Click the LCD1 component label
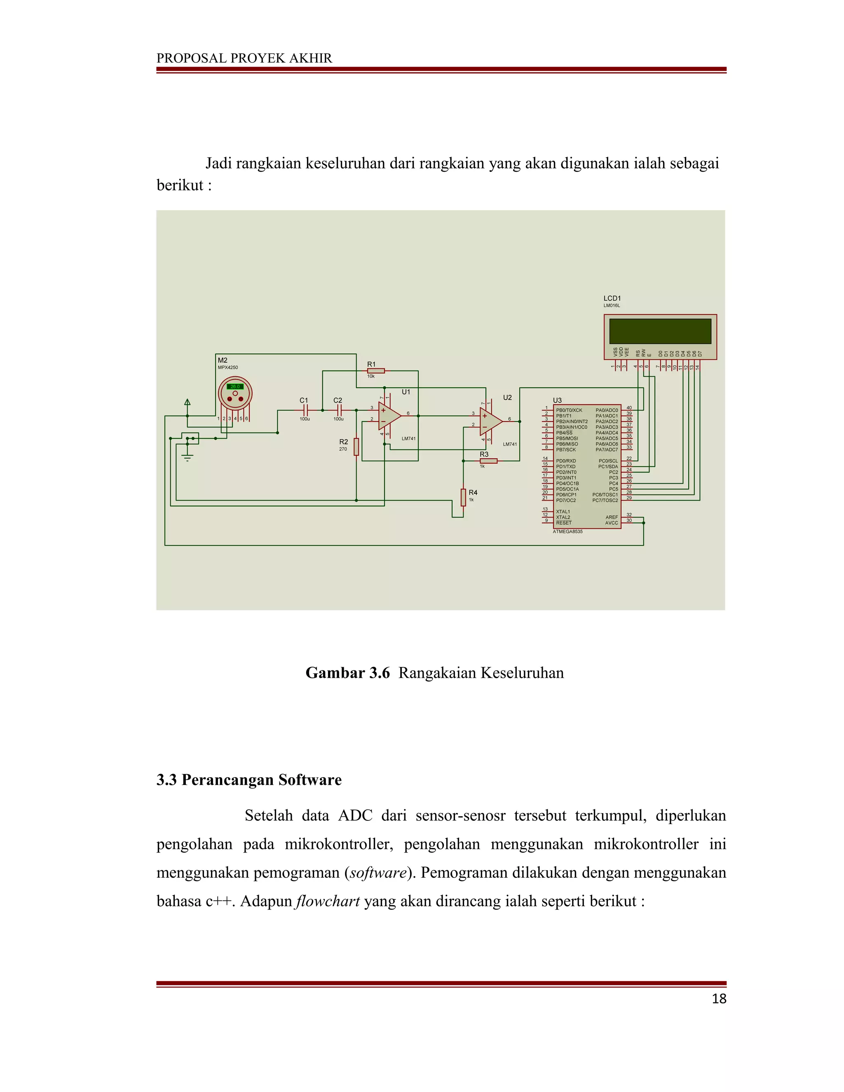tap(612, 298)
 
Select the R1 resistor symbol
tap(376, 370)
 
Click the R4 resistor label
tap(473, 492)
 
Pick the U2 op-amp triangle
tap(490, 421)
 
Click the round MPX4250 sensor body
tap(235, 394)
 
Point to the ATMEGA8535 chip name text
tap(567, 532)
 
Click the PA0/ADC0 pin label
tap(607, 410)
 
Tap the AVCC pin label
tap(612, 523)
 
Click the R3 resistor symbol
tap(488, 461)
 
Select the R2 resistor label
tap(344, 441)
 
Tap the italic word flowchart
tap(328, 901)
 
